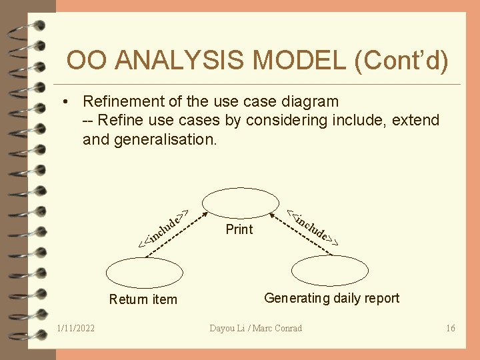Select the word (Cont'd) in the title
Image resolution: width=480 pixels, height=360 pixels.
[402, 61]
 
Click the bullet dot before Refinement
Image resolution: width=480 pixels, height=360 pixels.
[66, 102]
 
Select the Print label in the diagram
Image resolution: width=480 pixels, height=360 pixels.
[239, 229]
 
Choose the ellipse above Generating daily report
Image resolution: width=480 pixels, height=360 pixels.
[331, 270]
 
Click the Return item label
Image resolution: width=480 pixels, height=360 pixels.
[143, 299]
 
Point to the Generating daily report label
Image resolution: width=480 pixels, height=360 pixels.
[331, 298]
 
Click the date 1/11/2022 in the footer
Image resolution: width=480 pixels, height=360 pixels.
[76, 328]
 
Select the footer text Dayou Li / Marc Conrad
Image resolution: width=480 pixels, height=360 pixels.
[255, 328]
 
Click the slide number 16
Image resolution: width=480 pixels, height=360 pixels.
[450, 328]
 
